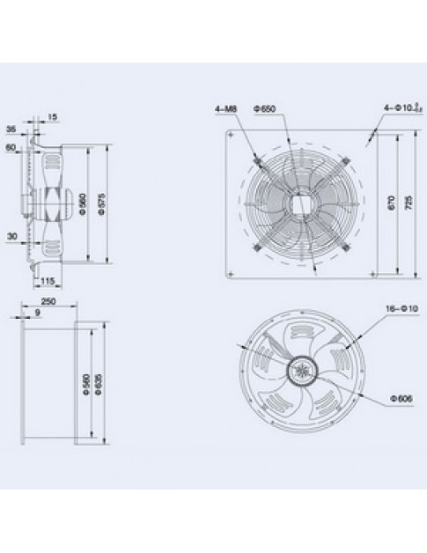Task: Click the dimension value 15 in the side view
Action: click(54, 115)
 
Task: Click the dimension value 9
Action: click(38, 313)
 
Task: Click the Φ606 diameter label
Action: click(400, 399)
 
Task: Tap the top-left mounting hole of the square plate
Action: click(233, 136)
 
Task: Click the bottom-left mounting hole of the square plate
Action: click(233, 270)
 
